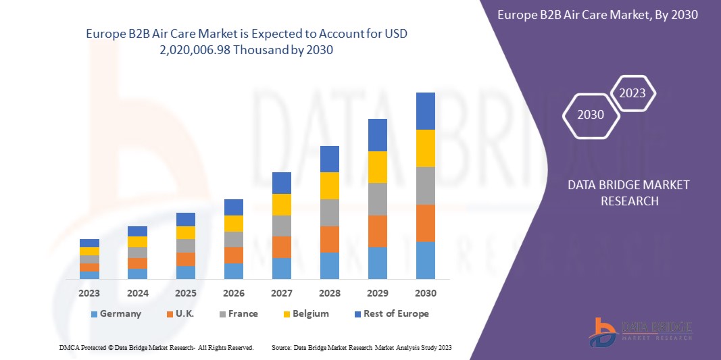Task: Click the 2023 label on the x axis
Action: [89, 293]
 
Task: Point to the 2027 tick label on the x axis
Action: [281, 293]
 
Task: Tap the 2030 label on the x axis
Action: [425, 293]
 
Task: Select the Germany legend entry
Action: [116, 313]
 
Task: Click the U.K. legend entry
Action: [181, 313]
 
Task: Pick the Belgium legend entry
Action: [305, 313]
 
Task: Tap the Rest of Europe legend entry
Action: [391, 313]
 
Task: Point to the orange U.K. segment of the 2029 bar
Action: [377, 231]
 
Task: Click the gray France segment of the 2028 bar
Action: [329, 212]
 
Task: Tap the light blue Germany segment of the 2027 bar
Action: [281, 268]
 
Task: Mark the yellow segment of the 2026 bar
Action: [233, 224]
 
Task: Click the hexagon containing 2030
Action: [591, 115]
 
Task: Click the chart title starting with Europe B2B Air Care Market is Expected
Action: [247, 42]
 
